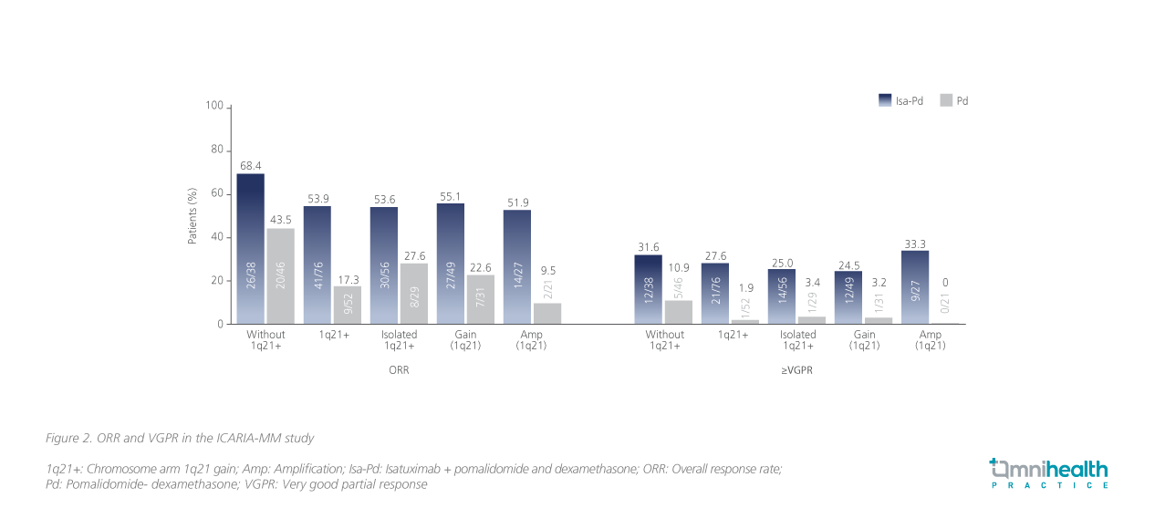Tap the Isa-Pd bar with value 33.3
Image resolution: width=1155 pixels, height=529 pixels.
914,286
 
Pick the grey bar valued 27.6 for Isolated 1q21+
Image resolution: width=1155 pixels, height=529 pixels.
413,293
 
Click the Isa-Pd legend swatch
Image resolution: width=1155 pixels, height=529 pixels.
884,100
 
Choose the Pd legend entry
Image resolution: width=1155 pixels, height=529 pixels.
954,100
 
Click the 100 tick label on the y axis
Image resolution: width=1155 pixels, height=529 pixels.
214,106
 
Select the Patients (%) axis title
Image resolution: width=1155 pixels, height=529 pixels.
192,216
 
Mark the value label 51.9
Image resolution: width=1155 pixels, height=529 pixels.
517,202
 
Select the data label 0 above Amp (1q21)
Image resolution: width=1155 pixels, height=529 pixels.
944,283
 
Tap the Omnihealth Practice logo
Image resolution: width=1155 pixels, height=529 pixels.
1049,473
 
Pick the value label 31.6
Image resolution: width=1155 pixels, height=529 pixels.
648,247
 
